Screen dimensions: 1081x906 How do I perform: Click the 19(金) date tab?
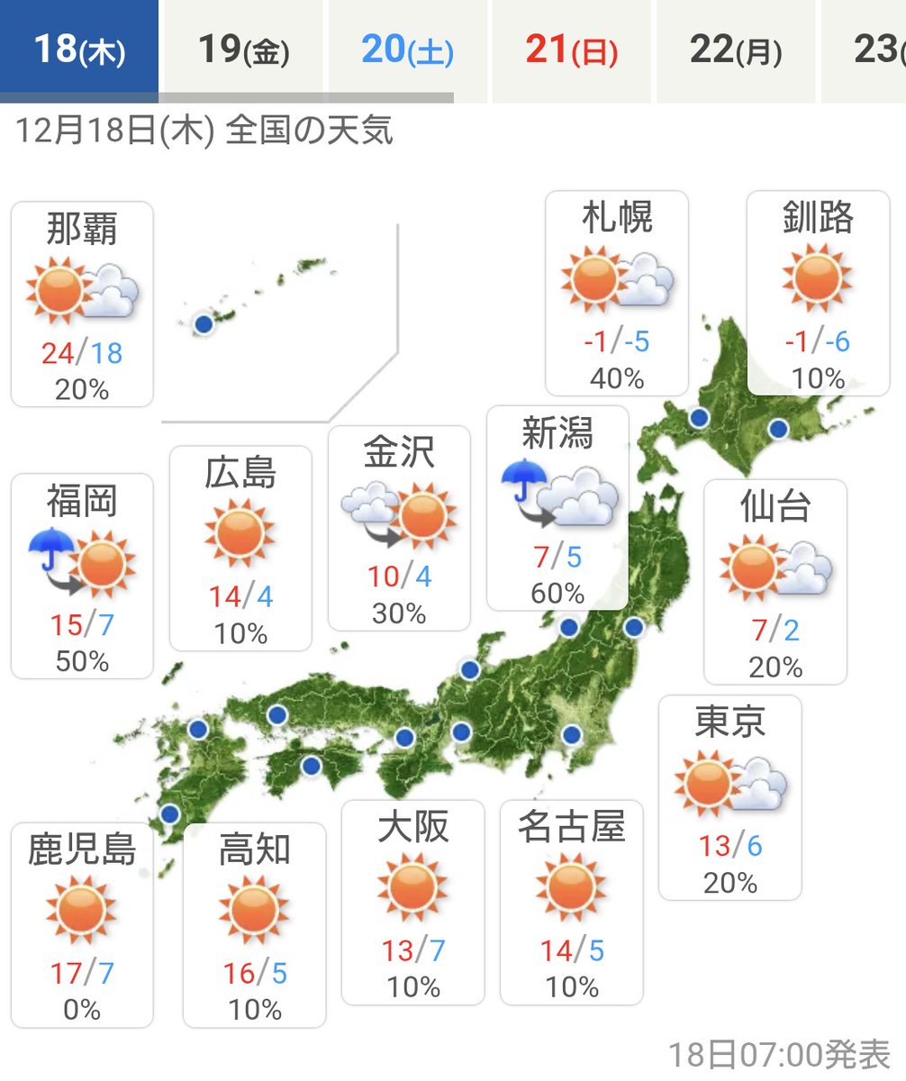(243, 50)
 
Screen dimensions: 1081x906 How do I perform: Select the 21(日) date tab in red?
(571, 50)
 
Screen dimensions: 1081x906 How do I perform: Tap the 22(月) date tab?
(736, 50)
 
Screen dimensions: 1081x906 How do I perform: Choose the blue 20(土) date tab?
(407, 50)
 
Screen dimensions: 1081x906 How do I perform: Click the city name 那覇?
(82, 230)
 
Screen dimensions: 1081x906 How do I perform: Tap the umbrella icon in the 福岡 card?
(51, 550)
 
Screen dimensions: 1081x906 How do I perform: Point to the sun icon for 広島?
(240, 534)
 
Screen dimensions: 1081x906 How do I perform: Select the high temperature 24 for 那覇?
(57, 352)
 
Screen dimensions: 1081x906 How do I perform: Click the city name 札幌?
(617, 219)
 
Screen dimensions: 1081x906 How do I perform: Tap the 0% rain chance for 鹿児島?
(82, 1009)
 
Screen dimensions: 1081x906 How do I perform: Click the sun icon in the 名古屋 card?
(571, 886)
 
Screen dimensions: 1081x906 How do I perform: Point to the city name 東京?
(729, 722)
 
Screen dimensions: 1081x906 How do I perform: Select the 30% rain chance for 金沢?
(399, 613)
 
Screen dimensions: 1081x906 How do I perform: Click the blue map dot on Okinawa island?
(204, 323)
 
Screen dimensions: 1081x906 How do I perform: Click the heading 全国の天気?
(309, 132)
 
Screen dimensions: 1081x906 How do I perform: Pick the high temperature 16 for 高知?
(238, 974)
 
